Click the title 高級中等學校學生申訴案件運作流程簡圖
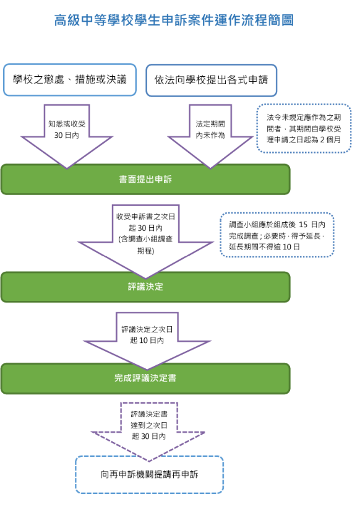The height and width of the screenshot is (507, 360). pos(174,20)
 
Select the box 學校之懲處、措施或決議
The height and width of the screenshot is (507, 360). pos(70,80)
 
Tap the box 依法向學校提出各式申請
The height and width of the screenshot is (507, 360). pos(212,80)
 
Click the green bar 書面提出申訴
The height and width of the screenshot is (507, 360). pos(145,180)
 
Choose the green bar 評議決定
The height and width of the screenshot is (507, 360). pos(145,287)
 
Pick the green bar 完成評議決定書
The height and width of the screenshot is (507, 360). pos(145,378)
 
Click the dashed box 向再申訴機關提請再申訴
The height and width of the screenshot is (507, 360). pos(149,475)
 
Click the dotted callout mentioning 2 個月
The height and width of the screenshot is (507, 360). pos(304,128)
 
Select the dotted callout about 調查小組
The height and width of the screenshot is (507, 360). pos(277,235)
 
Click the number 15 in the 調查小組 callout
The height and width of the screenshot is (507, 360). pos(303,224)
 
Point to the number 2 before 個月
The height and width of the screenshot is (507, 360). pos(322,140)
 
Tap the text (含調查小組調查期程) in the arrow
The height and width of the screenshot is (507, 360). pos(145,245)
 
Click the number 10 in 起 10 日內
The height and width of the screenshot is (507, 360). pos(143,340)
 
